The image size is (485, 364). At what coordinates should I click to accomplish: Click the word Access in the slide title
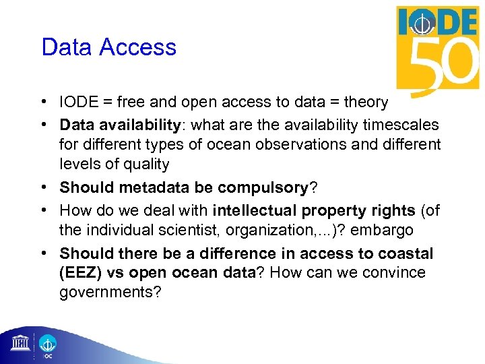point(140,47)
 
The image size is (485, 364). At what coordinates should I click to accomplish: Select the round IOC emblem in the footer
point(48,343)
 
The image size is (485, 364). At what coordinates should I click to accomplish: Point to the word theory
point(366,102)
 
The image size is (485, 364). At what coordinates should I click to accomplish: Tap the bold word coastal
point(407,253)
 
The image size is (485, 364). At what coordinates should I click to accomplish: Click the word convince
point(391,273)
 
